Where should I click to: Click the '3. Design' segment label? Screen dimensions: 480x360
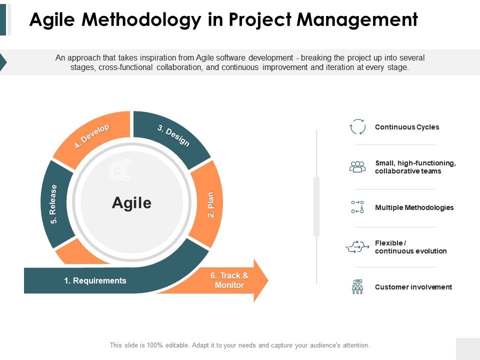(x=173, y=135)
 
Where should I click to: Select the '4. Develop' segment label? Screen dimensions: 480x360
(x=92, y=136)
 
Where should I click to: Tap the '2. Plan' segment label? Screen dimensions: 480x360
(x=210, y=204)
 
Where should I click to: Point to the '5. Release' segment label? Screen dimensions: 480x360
(x=53, y=204)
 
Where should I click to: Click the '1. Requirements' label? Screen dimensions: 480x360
(x=95, y=280)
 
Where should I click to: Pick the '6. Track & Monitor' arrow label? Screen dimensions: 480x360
(x=229, y=280)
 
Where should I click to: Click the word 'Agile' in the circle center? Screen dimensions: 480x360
(x=131, y=203)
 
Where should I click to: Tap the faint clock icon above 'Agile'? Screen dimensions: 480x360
(x=120, y=169)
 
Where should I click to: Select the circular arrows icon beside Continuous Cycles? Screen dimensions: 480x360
(x=357, y=126)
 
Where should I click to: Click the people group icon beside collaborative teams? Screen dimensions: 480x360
(x=357, y=167)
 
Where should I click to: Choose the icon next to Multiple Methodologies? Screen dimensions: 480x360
(x=357, y=207)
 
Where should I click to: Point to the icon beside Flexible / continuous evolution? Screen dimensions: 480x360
(x=357, y=246)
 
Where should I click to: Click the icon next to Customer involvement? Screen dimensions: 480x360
(x=357, y=287)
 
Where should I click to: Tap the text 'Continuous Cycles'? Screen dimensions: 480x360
(x=407, y=127)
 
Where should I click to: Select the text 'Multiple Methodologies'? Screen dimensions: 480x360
(x=414, y=207)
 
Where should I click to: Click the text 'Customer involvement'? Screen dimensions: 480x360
(x=413, y=287)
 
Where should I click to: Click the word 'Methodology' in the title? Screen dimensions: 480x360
(x=141, y=20)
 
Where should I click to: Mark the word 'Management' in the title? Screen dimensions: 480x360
(x=357, y=20)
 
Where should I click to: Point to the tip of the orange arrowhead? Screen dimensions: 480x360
(x=268, y=280)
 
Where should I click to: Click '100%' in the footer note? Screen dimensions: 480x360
(x=154, y=345)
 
